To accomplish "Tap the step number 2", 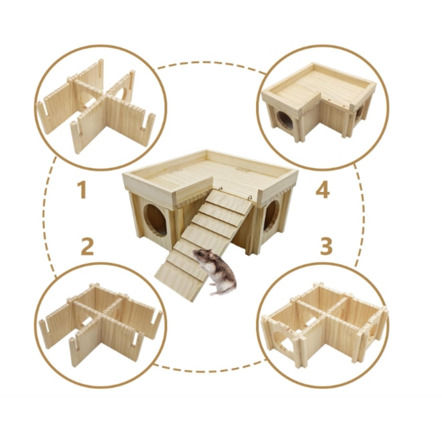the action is [88, 247].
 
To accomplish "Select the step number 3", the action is [326, 247].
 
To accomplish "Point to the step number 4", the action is [323, 190].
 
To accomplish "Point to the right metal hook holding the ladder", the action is [251, 198].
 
